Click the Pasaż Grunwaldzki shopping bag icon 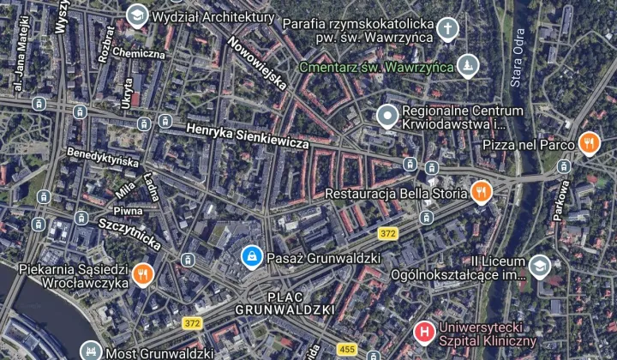click(x=251, y=256)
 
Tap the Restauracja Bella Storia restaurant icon click(x=482, y=192)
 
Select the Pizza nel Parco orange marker click(x=589, y=143)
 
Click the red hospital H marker click(x=423, y=330)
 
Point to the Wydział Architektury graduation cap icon click(x=136, y=15)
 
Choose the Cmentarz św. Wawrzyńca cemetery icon click(x=467, y=66)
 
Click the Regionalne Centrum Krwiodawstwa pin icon click(x=387, y=116)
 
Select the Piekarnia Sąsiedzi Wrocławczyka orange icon click(x=141, y=275)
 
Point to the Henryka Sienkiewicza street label click(x=247, y=135)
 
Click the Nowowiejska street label click(x=257, y=63)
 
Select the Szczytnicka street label click(x=129, y=231)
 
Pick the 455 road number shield click(x=347, y=350)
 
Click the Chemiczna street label click(x=138, y=53)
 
